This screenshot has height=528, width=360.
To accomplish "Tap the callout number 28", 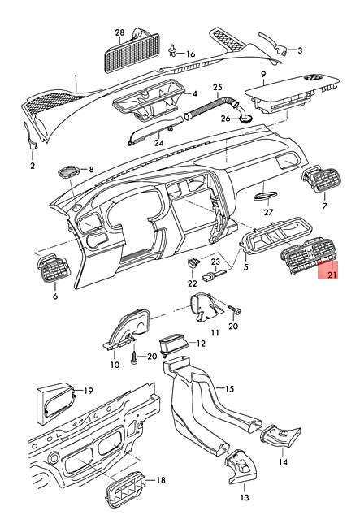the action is pos(120,32).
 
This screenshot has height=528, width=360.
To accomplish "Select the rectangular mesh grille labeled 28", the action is pos(132,53).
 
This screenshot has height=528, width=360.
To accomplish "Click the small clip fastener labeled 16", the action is pos(173,50).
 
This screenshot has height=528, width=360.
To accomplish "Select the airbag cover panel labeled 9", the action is pos(292,93).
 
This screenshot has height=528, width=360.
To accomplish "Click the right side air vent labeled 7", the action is pos(322,179).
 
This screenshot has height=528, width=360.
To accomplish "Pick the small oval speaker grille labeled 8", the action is pos(69,171).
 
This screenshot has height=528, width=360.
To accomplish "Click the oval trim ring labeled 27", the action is pos(266,196).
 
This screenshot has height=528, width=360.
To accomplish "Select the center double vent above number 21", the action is pos(308,256).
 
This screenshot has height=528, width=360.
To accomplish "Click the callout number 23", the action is pos(215,262).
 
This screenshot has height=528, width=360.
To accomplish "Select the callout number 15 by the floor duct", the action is pos(229,389).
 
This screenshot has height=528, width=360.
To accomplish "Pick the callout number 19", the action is pos(89,391).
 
